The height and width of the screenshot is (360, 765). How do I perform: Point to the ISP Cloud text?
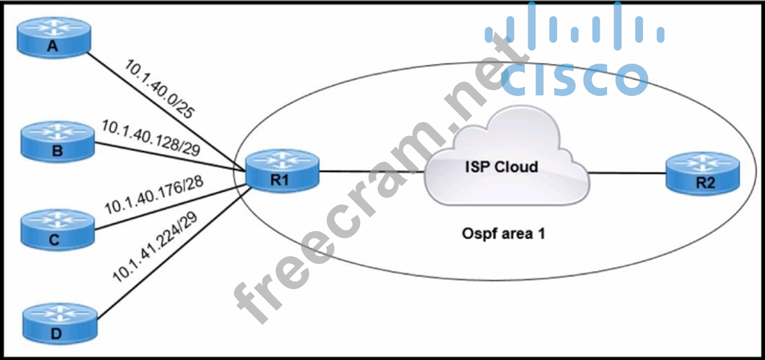[x=501, y=167]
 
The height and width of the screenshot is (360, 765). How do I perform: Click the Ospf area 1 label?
[x=503, y=233]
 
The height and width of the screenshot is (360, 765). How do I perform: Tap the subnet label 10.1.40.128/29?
[x=151, y=137]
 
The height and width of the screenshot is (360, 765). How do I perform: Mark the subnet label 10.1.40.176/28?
[x=154, y=195]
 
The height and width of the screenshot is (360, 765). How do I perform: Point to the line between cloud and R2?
[x=627, y=174]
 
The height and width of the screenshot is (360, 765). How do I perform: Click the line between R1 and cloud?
[x=370, y=172]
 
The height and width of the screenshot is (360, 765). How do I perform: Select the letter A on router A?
[x=53, y=46]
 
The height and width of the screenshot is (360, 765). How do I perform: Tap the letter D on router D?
[x=56, y=333]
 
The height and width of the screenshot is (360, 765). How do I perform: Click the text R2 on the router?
[x=705, y=183]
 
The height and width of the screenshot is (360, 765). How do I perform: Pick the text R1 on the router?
[x=280, y=180]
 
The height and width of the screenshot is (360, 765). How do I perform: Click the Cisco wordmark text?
[x=574, y=79]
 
